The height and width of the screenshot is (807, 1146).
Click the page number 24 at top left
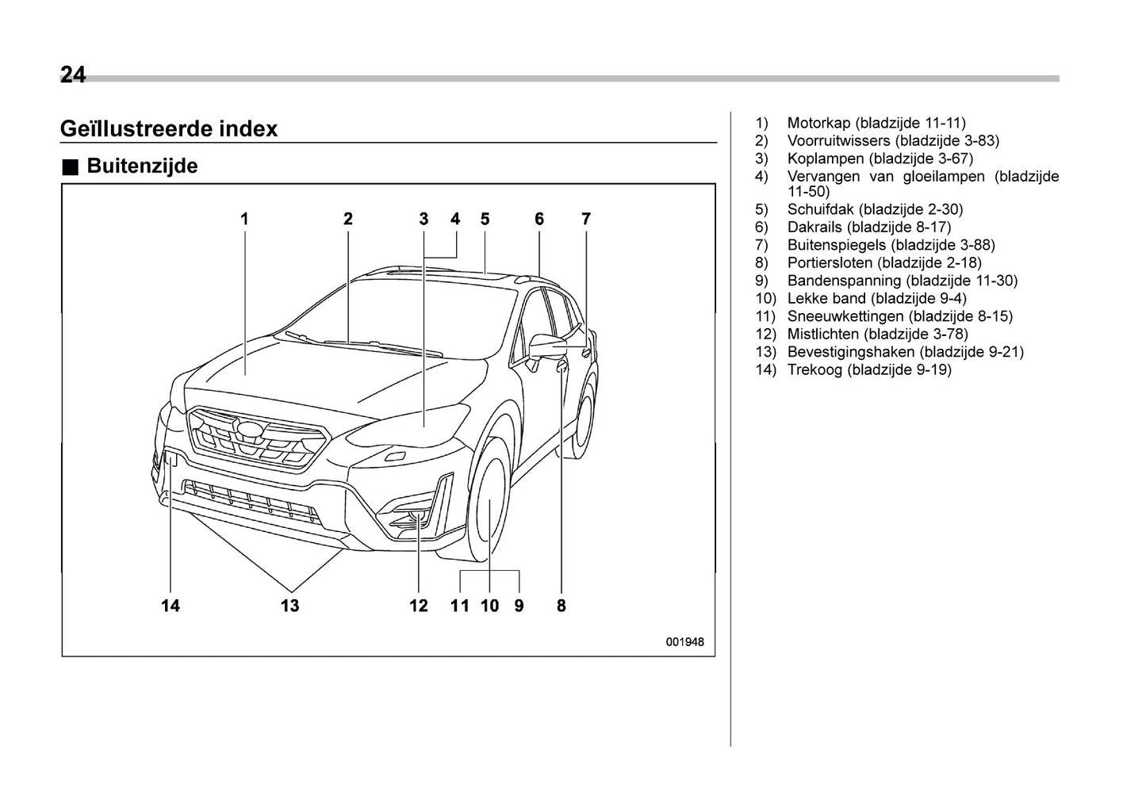click(x=73, y=75)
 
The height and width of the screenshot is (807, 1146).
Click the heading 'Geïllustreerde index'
click(x=169, y=128)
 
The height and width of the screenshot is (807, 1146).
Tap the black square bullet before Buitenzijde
click(x=71, y=167)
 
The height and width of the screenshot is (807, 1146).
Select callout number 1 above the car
click(x=245, y=219)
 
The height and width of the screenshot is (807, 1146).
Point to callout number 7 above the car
click(x=586, y=219)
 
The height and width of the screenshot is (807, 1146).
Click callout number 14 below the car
click(x=171, y=606)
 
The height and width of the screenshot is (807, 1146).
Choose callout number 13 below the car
click(x=290, y=606)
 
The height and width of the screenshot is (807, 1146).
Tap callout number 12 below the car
click(x=419, y=606)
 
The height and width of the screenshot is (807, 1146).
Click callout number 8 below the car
click(x=562, y=606)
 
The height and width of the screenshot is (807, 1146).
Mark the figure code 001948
click(x=684, y=642)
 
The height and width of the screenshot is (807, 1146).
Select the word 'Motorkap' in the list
click(x=818, y=123)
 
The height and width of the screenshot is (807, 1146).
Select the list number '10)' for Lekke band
click(x=765, y=298)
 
